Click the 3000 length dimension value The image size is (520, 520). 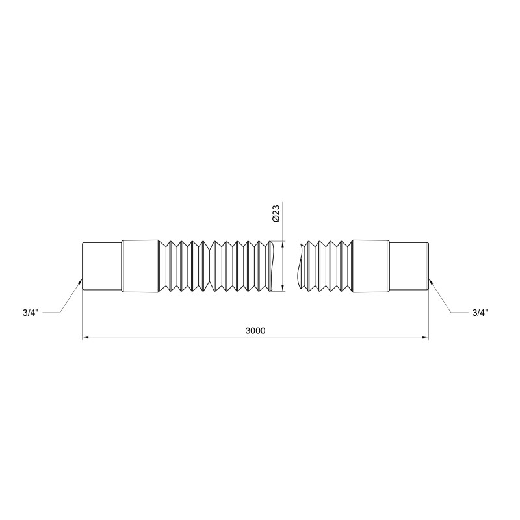[x=255, y=330]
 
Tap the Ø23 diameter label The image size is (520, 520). [x=276, y=214]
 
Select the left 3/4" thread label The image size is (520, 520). [x=30, y=313]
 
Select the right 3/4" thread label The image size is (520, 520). [x=480, y=313]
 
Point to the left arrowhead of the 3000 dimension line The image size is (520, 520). [x=86, y=337]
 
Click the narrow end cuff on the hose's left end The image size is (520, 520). [x=101, y=266]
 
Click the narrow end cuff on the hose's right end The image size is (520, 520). [x=409, y=266]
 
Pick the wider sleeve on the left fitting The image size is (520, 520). [x=140, y=266]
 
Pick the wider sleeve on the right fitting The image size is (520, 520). [x=370, y=266]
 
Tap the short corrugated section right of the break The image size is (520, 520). [x=326, y=266]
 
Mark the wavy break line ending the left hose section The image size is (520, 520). [x=272, y=266]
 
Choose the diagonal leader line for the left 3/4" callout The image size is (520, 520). [x=70, y=298]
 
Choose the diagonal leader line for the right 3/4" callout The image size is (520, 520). [x=440, y=298]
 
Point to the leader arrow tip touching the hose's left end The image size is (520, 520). [x=81, y=281]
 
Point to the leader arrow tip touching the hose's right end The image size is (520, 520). [x=430, y=281]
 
